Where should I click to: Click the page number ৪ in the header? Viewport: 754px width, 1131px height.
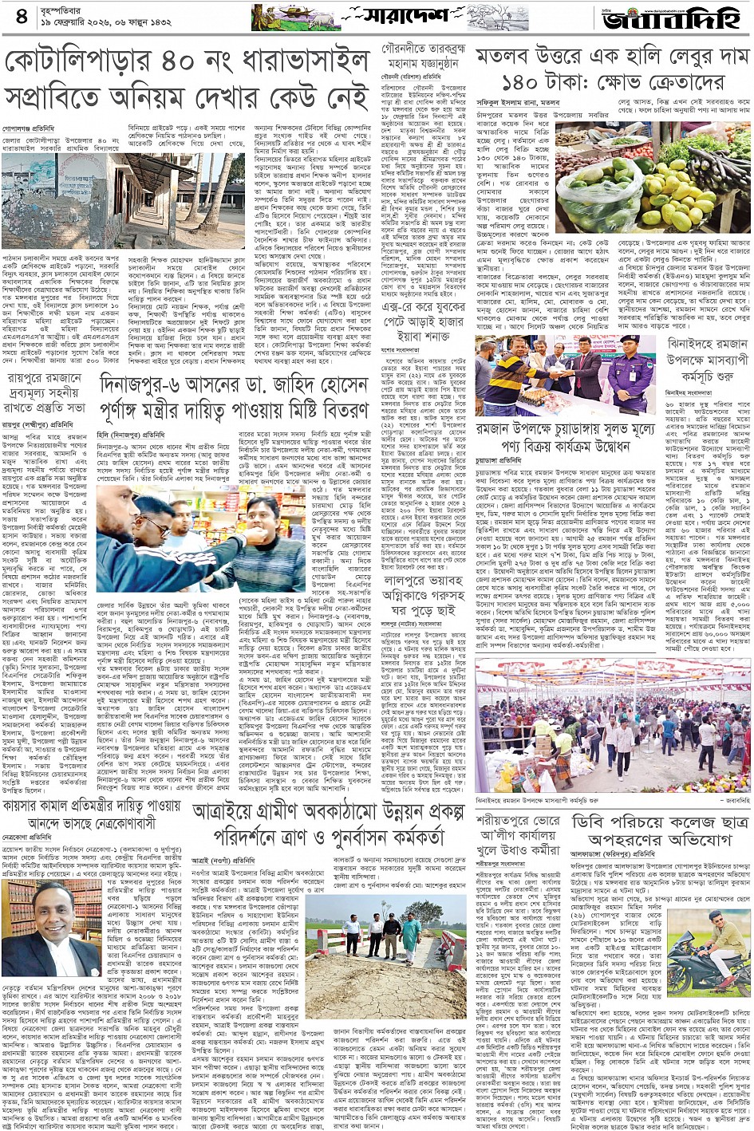coord(21,16)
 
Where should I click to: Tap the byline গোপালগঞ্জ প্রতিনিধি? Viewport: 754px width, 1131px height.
coord(28,128)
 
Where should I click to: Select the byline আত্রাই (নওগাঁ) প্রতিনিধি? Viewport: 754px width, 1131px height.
coord(223,861)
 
